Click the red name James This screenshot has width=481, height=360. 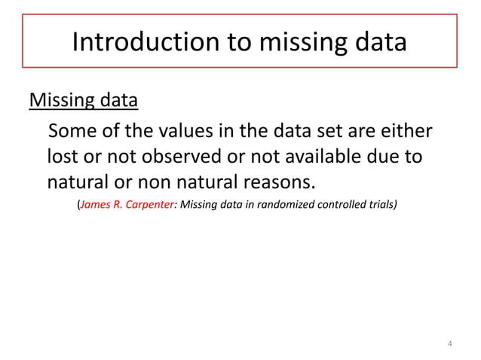[96, 205]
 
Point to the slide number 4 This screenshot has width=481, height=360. [450, 345]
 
